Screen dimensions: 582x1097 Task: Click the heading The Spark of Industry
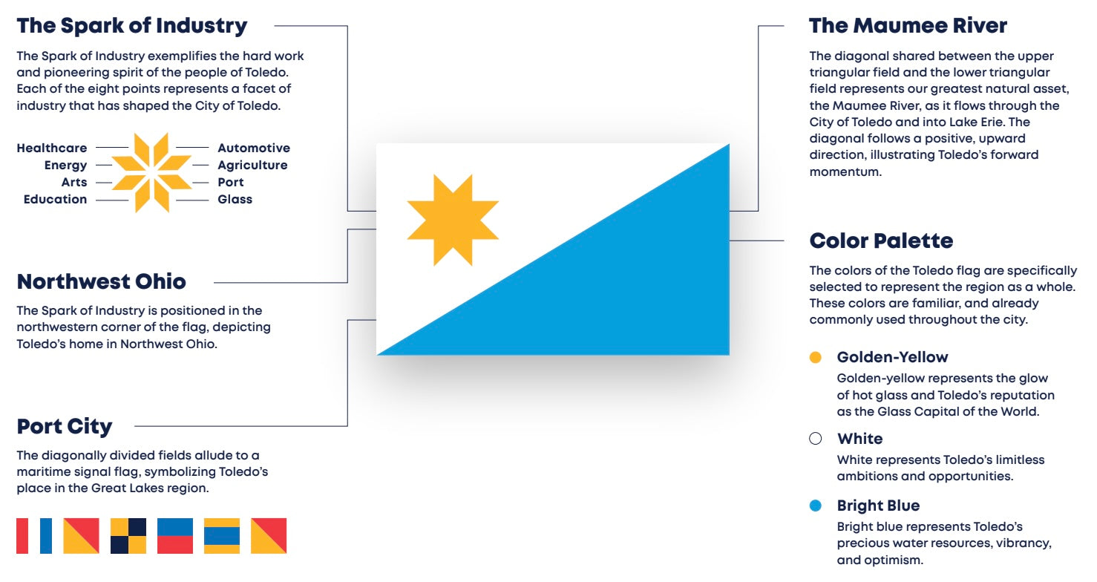[x=132, y=26]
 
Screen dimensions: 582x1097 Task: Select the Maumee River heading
[x=908, y=26]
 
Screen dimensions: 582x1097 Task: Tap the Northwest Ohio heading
[x=101, y=282]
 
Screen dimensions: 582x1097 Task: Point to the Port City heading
[x=65, y=427]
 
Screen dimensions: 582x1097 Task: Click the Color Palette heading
[x=881, y=241]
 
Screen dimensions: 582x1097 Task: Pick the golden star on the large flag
[x=453, y=220]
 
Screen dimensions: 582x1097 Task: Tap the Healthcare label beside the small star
[x=52, y=148]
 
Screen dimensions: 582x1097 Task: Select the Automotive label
[x=254, y=148]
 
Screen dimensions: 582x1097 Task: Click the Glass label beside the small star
[x=235, y=200]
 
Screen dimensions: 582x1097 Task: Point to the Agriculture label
[x=252, y=166]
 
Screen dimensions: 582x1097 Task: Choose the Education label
[x=55, y=200]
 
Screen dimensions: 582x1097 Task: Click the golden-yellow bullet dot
[x=816, y=357]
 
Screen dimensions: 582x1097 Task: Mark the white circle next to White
[x=816, y=439]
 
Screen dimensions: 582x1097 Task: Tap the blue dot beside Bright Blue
[x=816, y=506]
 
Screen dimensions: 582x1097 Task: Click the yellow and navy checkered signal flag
[x=128, y=536]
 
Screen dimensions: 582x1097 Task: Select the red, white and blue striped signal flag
[x=34, y=536]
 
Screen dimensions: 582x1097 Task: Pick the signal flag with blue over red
[x=175, y=536]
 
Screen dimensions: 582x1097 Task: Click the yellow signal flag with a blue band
[x=222, y=536]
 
